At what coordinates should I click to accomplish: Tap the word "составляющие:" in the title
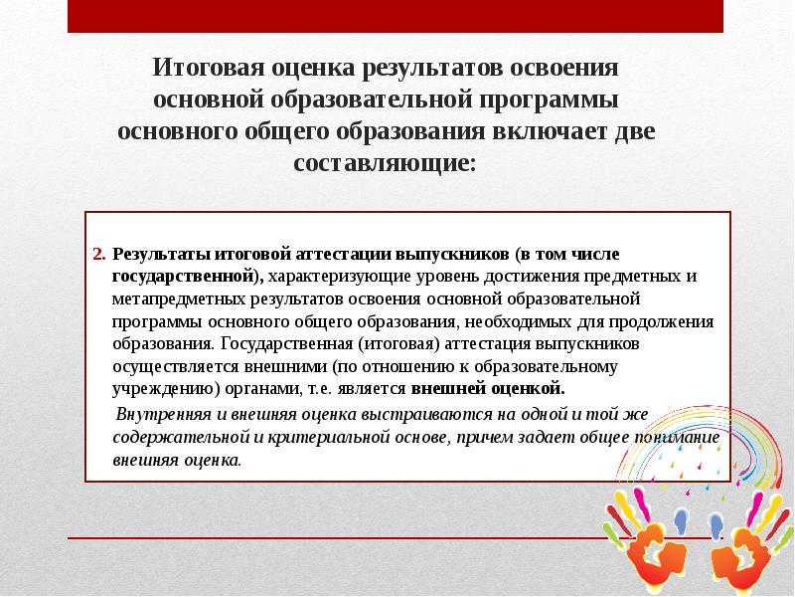pos(386,162)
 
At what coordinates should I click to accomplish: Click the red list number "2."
pos(98,254)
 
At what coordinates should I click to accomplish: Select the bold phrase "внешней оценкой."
pos(488,388)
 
